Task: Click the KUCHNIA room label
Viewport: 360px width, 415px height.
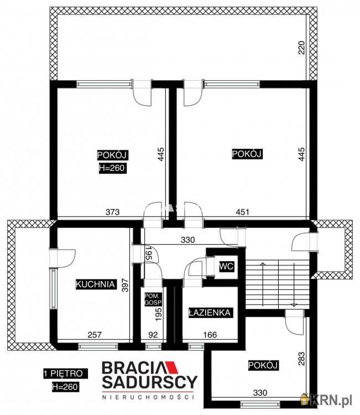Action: (x=95, y=285)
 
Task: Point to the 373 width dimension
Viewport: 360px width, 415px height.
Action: (x=113, y=211)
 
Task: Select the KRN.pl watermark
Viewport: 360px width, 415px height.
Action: (x=328, y=399)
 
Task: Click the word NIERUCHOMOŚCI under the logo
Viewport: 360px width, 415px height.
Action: (x=149, y=397)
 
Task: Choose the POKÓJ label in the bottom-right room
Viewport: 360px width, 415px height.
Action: (x=263, y=365)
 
